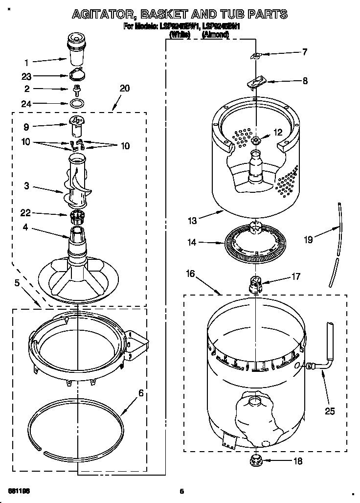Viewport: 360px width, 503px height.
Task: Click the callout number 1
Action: coord(27,62)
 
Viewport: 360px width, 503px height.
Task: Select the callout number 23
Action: coord(27,76)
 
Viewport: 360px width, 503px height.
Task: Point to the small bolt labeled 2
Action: coord(76,90)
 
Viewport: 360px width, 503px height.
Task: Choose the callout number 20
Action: coord(125,88)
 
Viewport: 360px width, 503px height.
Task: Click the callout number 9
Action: coord(26,127)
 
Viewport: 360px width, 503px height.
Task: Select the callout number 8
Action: coord(305,81)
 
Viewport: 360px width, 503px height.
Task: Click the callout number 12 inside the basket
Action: coord(278,132)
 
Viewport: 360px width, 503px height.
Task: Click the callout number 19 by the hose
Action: coord(308,240)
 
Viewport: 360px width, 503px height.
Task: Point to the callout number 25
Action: coord(330,412)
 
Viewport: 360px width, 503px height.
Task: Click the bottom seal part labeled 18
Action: coord(255,460)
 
